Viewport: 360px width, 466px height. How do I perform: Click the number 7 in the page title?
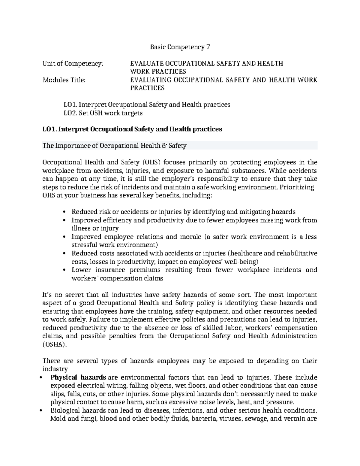[208, 47]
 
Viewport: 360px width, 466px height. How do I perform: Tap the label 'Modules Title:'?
[64, 80]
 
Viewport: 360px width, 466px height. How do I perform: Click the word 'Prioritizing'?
[297, 188]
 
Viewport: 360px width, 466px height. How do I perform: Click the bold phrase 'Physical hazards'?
[78, 377]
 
